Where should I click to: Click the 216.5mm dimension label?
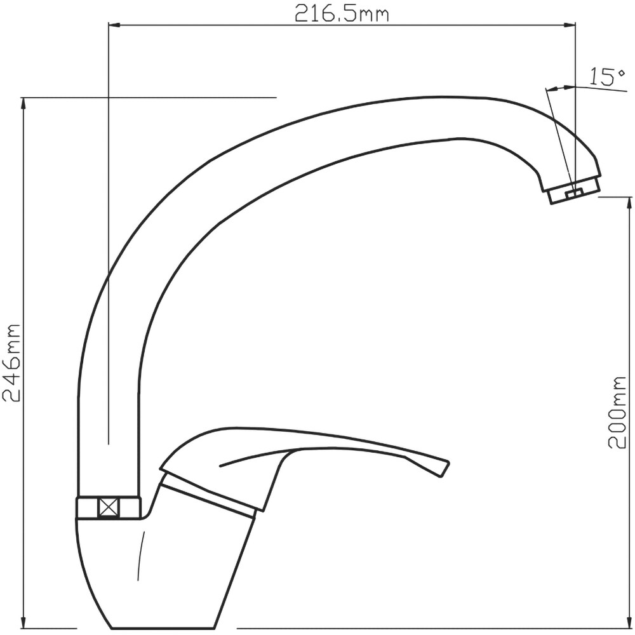(342, 14)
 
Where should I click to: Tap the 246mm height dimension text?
(11, 363)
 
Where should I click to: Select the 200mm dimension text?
(617, 411)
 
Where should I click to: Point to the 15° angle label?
(606, 77)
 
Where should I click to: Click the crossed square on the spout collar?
(109, 507)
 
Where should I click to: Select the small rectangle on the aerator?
(574, 194)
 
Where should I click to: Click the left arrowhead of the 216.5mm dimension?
(114, 25)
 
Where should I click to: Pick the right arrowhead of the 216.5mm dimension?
(570, 25)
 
